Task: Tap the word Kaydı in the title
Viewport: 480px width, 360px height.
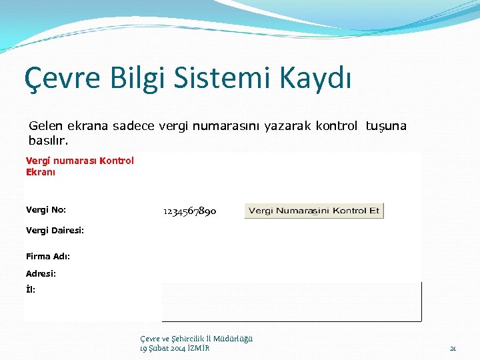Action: click(x=317, y=79)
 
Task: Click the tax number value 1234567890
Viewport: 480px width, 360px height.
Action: click(x=189, y=211)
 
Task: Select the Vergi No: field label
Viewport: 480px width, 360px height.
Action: click(x=45, y=210)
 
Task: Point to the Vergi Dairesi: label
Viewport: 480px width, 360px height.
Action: click(x=55, y=231)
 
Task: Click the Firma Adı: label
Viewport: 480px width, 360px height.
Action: click(x=48, y=256)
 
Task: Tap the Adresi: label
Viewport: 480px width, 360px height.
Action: click(x=41, y=273)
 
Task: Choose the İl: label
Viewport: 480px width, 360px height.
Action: click(x=31, y=289)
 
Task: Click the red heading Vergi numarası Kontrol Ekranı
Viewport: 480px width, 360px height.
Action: click(x=79, y=166)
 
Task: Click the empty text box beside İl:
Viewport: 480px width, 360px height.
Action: click(x=291, y=301)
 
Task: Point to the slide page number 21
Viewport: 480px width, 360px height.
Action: click(x=453, y=348)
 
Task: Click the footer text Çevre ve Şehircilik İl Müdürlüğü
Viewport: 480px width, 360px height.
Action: click(x=197, y=339)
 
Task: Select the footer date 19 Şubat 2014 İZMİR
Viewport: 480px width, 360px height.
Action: click(x=175, y=348)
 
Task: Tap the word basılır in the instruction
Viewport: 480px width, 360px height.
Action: click(x=48, y=141)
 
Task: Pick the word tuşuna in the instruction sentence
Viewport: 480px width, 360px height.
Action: click(x=386, y=126)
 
